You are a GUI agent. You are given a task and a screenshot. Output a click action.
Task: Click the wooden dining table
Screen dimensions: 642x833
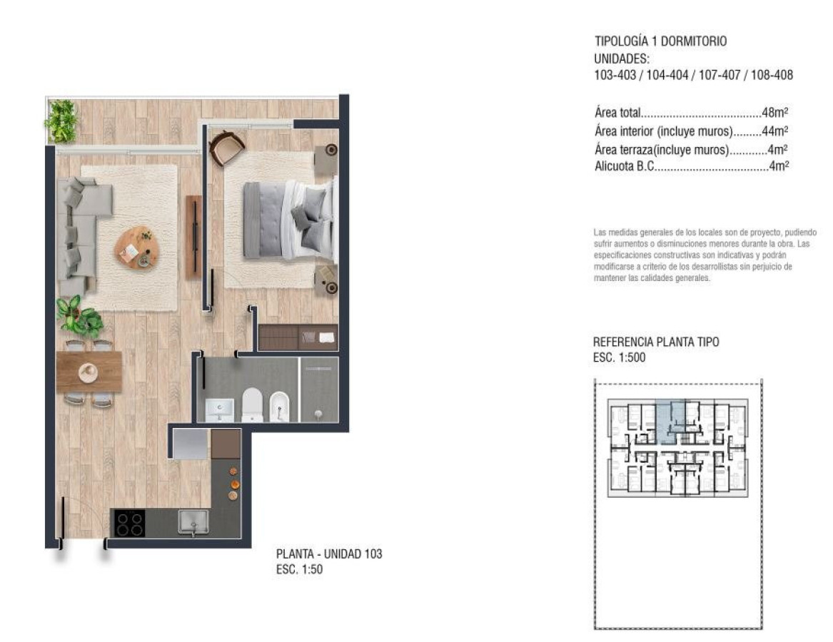tap(89, 372)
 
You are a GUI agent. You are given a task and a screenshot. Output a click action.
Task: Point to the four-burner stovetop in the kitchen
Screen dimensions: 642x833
tap(129, 524)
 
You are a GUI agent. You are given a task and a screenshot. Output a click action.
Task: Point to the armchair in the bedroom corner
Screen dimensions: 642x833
tap(227, 147)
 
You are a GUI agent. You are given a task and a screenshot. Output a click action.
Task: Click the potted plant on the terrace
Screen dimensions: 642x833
tap(62, 121)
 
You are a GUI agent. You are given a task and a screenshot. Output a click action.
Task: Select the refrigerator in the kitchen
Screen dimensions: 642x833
tap(190, 444)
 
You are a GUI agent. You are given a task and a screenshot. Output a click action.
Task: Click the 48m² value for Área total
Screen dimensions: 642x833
tap(774, 113)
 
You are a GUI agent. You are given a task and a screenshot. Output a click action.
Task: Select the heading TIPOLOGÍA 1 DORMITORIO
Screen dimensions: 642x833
tap(660, 41)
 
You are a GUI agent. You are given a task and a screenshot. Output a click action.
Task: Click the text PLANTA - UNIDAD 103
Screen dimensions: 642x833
tap(329, 554)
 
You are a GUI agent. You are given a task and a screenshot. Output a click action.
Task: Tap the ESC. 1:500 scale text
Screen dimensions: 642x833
tap(620, 358)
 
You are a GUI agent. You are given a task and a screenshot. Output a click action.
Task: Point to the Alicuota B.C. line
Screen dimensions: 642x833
tap(690, 168)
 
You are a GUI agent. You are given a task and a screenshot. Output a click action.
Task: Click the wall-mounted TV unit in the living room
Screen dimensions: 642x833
tap(193, 237)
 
